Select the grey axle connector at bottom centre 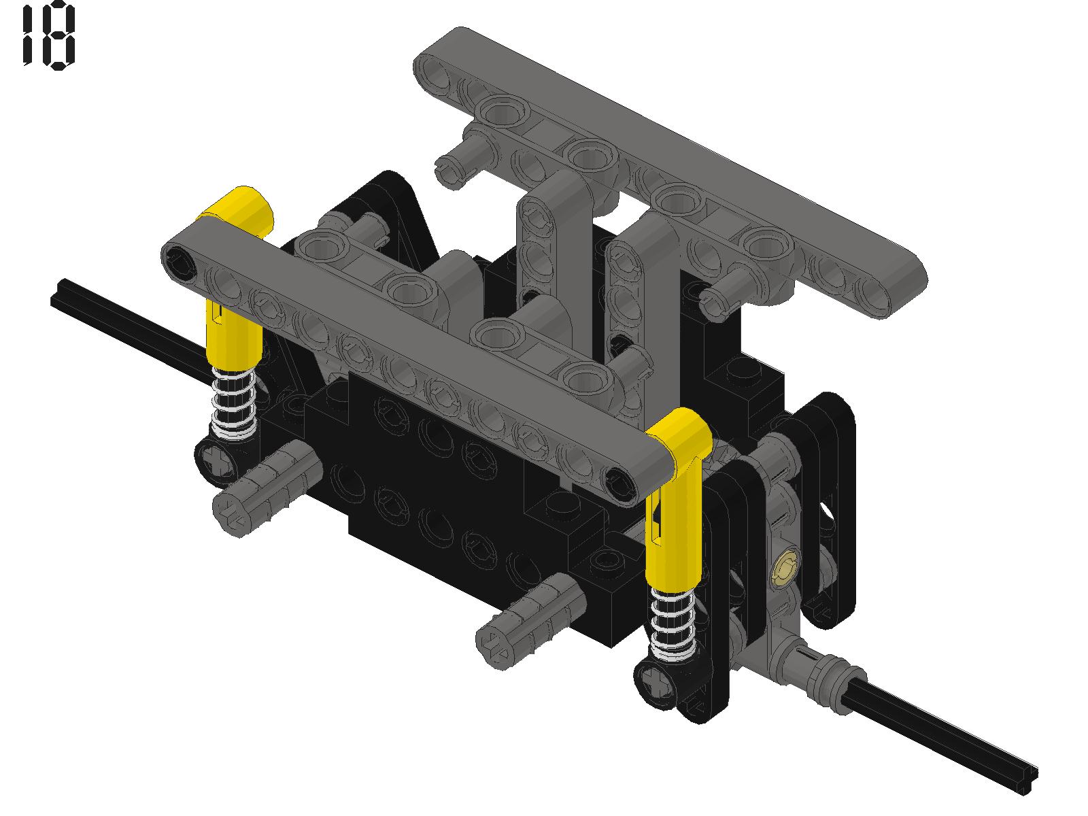pyautogui.click(x=530, y=621)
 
